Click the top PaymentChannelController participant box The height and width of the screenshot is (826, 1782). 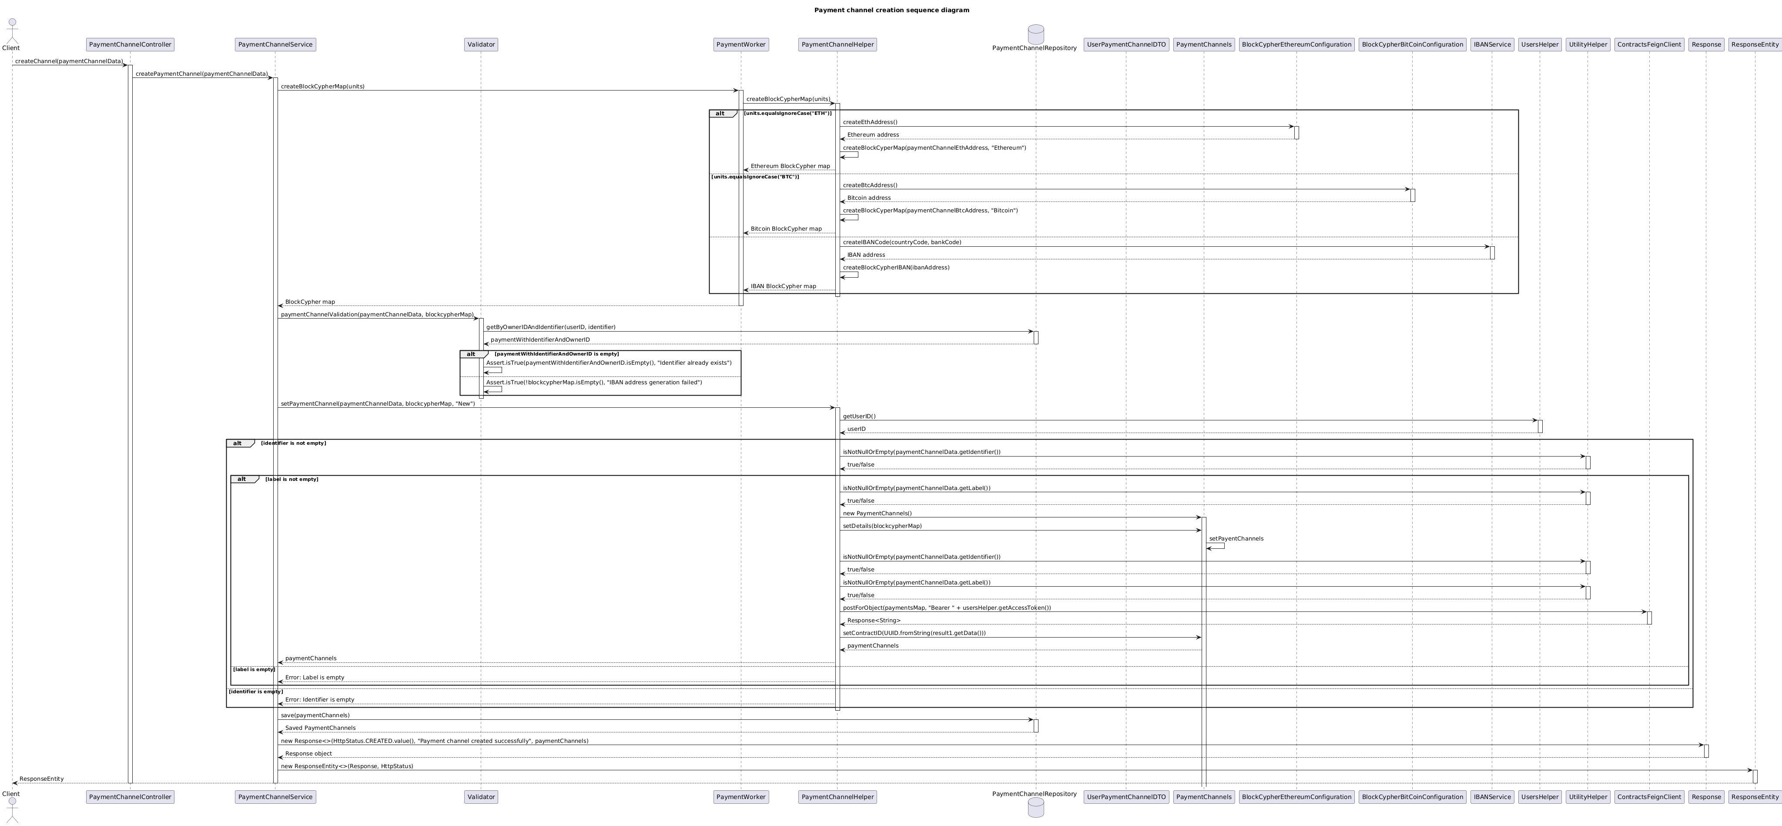(x=130, y=44)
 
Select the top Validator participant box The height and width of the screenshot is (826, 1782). (x=482, y=44)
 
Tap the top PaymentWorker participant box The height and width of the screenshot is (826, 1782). (x=741, y=44)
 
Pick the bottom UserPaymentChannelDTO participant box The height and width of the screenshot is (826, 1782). (x=1126, y=797)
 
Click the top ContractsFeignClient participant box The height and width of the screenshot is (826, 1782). (x=1649, y=44)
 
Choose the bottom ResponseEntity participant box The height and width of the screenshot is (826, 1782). (x=1755, y=797)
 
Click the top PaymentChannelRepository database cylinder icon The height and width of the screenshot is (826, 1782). (x=1035, y=34)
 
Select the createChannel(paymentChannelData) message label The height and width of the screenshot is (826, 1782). (x=69, y=61)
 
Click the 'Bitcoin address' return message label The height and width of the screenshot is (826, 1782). (x=869, y=198)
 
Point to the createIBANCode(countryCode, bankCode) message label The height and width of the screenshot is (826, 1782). (x=902, y=242)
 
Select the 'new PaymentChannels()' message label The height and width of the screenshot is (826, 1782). (x=877, y=513)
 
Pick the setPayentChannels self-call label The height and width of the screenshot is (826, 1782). (x=1236, y=539)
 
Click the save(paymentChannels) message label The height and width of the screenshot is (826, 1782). (x=315, y=715)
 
